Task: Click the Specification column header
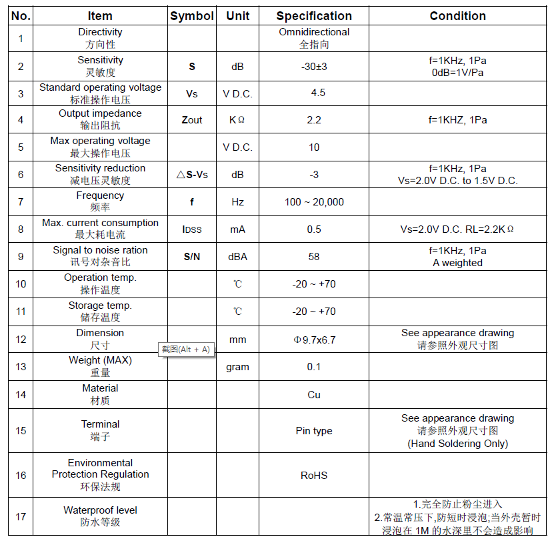click(314, 16)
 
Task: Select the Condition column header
click(457, 16)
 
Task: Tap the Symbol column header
click(192, 16)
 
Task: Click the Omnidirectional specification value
click(314, 32)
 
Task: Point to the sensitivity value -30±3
click(314, 67)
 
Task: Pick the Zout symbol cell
click(192, 120)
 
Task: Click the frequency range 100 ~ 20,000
click(314, 202)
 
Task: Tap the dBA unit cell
click(238, 257)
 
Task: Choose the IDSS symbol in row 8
click(192, 229)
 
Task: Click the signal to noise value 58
click(314, 257)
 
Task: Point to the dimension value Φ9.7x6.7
click(314, 340)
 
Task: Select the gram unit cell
click(238, 367)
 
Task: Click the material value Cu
click(314, 395)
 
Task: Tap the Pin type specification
click(314, 431)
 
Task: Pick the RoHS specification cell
click(314, 476)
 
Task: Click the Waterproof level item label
click(100, 510)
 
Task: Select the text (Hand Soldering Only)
click(457, 444)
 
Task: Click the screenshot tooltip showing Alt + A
click(186, 350)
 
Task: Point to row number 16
click(21, 476)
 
